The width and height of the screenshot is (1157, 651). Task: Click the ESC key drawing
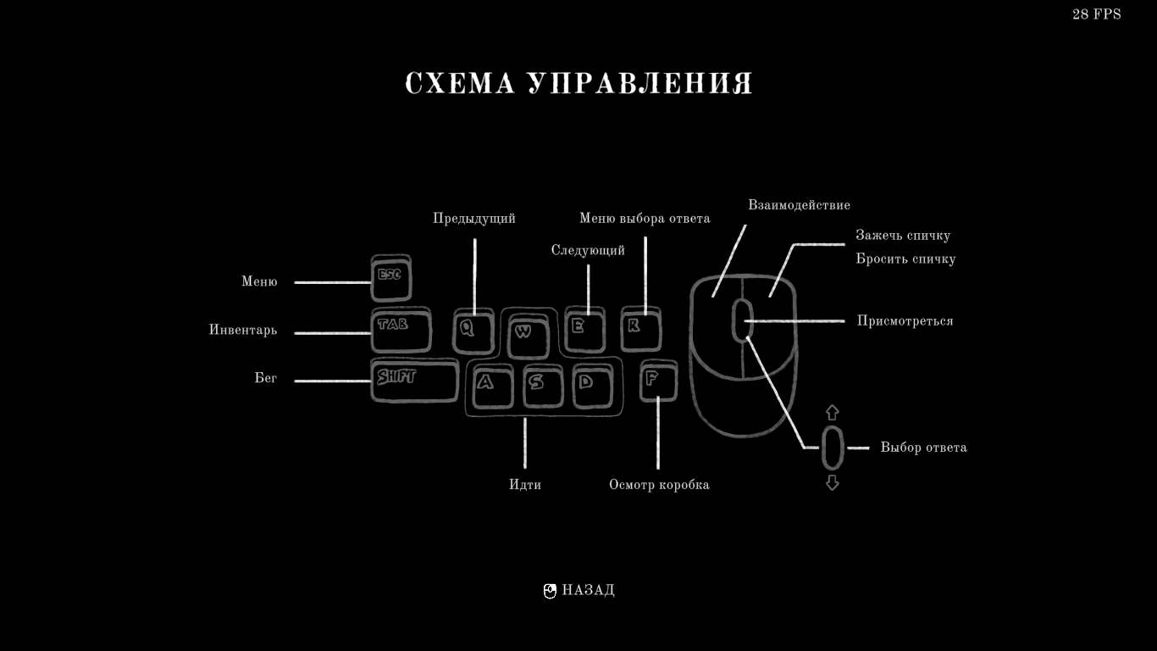click(390, 278)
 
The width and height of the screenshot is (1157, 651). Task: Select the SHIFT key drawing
click(413, 380)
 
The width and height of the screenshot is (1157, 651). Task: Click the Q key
click(473, 331)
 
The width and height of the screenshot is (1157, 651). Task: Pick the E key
click(584, 329)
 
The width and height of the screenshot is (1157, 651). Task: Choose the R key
click(640, 329)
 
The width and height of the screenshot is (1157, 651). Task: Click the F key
click(657, 381)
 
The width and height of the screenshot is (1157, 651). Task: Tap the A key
click(490, 386)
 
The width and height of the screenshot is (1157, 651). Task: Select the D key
click(591, 386)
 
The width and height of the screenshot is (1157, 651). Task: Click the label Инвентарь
click(243, 331)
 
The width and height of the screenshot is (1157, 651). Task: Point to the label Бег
click(266, 378)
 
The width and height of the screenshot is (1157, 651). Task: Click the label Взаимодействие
click(799, 205)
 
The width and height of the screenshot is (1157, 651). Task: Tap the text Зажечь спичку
click(903, 236)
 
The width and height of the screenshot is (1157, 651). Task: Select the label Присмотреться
click(905, 321)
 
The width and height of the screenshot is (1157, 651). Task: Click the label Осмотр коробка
click(659, 485)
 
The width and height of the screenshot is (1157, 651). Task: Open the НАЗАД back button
click(580, 591)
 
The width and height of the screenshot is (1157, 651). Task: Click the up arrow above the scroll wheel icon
click(832, 413)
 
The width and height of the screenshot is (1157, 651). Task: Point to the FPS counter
click(1096, 14)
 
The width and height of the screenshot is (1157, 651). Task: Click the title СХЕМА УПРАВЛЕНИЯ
click(578, 84)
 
